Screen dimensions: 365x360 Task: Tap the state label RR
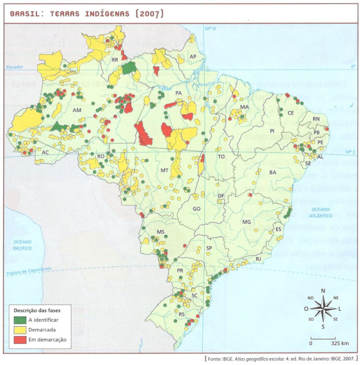pos(115,59)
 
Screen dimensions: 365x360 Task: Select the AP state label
pos(193,56)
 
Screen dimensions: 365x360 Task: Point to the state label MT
pos(164,170)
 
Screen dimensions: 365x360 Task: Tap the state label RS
pos(182,314)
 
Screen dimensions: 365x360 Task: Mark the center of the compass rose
pos(323,309)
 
